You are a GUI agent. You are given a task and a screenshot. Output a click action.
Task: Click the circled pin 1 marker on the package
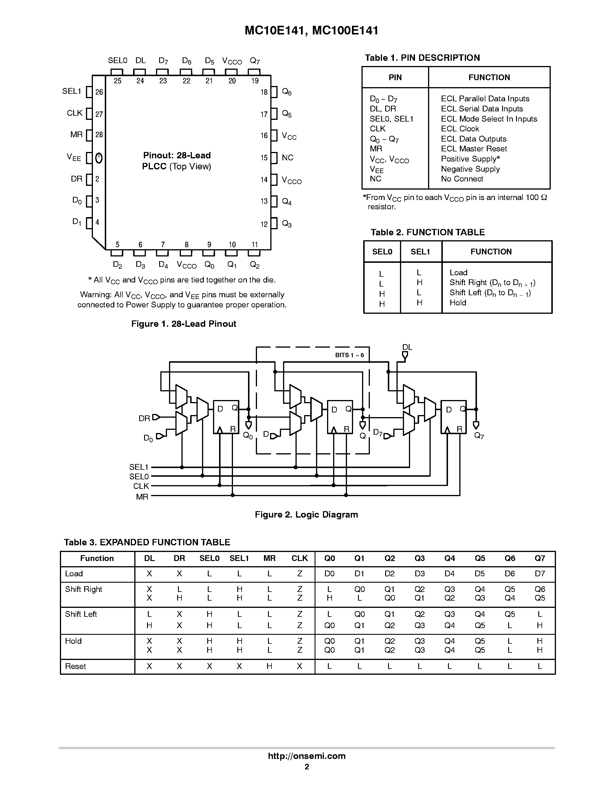98,157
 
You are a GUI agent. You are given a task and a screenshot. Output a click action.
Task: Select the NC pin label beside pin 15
287,157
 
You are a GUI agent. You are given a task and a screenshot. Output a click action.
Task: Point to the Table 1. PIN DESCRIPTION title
422,58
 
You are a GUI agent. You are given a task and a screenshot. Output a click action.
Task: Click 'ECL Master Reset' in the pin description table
474,149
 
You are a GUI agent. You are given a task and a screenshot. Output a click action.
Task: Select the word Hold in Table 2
458,302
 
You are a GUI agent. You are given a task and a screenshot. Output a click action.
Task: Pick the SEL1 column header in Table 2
421,252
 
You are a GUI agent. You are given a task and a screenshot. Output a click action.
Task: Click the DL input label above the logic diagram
407,347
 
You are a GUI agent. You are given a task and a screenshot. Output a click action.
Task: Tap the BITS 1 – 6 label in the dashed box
349,355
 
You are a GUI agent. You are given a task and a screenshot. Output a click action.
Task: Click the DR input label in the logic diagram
144,419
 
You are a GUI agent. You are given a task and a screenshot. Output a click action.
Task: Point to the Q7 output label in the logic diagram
479,436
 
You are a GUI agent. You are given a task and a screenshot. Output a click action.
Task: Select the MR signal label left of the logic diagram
142,497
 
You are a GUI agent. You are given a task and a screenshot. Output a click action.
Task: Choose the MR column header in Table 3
269,558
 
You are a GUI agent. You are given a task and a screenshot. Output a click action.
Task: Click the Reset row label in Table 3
76,666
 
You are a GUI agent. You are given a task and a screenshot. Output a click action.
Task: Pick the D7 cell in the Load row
539,574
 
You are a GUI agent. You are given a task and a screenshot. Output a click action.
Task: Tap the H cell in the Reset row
269,666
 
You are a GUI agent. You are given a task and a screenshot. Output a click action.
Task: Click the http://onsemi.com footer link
306,756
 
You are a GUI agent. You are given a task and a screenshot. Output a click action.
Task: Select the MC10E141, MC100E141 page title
311,31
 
